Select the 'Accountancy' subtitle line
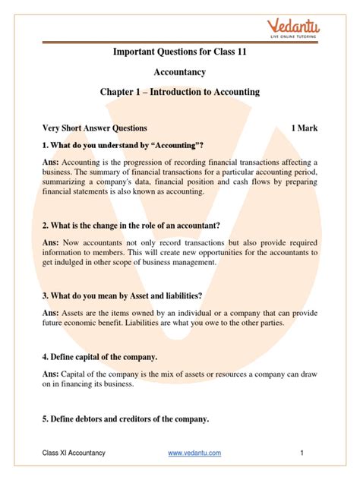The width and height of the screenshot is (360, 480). [x=180, y=72]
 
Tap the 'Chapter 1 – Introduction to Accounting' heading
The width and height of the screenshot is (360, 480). [x=180, y=92]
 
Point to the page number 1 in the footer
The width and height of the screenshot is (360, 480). [x=302, y=453]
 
